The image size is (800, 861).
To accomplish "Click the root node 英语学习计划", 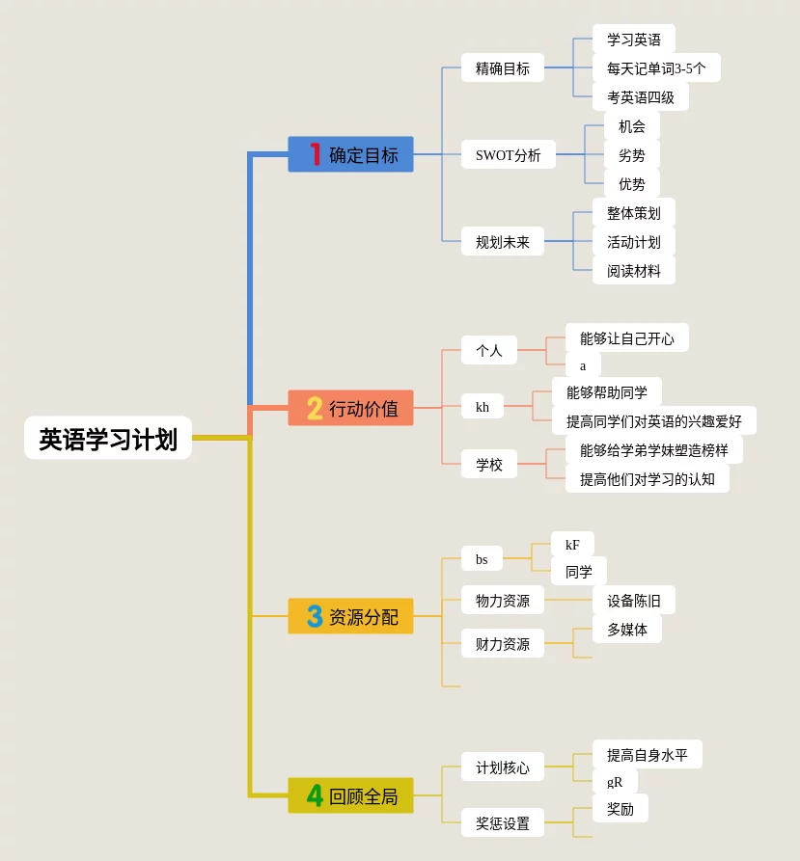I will [x=108, y=439].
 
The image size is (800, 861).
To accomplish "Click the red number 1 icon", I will [x=315, y=154].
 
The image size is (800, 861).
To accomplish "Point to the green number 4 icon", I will [x=315, y=796].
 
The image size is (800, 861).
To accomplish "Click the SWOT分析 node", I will [x=508, y=154].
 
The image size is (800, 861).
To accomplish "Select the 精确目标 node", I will [x=502, y=67].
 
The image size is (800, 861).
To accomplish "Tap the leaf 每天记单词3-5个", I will [x=656, y=67].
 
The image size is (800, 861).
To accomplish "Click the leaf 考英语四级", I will [x=640, y=96].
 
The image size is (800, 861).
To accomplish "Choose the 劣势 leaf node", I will [x=632, y=154].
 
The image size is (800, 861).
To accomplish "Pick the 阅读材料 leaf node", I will [x=634, y=270].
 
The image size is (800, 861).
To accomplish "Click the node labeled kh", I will [x=483, y=406].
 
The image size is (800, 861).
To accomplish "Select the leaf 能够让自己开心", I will [x=626, y=337].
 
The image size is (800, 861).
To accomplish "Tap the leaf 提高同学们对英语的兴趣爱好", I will [x=653, y=420].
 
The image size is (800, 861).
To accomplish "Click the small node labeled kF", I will [x=572, y=544].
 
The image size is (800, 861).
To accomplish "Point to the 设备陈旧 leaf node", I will [x=634, y=600].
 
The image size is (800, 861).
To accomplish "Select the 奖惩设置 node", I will [x=502, y=822].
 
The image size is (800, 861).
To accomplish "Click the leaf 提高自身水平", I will [x=647, y=754].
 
